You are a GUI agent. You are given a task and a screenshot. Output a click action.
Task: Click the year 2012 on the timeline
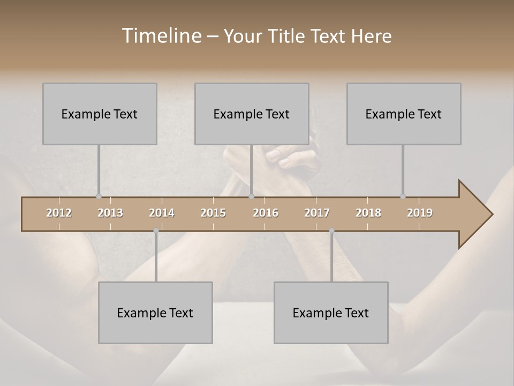tap(59, 213)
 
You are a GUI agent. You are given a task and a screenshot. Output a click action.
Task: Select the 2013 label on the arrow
tap(110, 213)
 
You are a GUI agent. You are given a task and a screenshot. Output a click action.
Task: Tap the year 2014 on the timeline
tap(162, 213)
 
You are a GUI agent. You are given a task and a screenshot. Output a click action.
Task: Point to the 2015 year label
tap(213, 213)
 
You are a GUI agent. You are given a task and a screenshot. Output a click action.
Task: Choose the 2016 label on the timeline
tap(266, 213)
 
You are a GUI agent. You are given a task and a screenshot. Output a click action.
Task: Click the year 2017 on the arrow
tap(317, 213)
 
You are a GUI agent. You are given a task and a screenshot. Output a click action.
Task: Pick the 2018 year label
tap(368, 213)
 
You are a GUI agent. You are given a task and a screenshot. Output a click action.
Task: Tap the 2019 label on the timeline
tap(420, 213)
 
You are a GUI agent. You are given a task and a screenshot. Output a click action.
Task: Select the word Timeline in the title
tap(160, 36)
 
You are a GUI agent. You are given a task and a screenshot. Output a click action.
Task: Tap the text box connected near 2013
tap(100, 114)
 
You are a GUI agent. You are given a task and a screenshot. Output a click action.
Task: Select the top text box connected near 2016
tap(252, 114)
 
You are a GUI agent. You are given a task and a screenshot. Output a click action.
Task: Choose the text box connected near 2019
tap(404, 114)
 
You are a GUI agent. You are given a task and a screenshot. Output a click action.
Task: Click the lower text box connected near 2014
tap(155, 313)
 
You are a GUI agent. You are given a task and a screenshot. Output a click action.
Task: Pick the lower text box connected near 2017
tap(331, 313)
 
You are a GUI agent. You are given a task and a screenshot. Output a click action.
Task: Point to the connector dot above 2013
tap(99, 197)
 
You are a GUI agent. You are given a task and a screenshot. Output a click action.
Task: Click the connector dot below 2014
tap(156, 231)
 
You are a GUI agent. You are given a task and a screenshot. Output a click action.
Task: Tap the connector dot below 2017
tap(331, 231)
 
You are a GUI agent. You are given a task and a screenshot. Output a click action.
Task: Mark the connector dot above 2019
tap(403, 197)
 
